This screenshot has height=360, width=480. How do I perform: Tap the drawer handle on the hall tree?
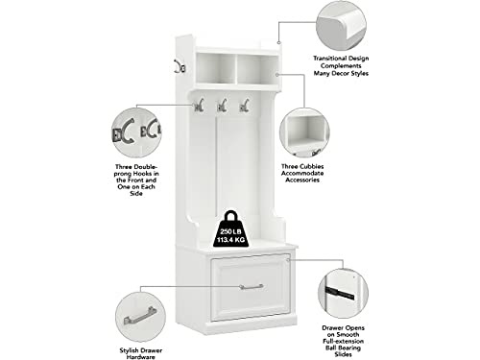point(252,287)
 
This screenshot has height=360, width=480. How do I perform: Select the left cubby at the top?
point(215,68)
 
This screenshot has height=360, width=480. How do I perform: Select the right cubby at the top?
point(257,69)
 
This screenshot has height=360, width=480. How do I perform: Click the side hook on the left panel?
point(180,66)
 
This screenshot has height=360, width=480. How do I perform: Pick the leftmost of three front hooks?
point(199,106)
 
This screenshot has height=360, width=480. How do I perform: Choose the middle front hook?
point(222,106)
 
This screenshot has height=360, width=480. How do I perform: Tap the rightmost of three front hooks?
point(245,106)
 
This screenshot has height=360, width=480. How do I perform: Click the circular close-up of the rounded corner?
point(341,26)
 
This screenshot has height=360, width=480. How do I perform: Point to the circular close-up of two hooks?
point(136,132)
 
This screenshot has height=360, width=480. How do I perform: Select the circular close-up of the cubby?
point(304,133)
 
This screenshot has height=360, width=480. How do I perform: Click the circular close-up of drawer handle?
point(140,317)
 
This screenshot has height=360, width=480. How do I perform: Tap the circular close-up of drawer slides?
point(343,294)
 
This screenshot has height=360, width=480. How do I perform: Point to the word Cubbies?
point(312,166)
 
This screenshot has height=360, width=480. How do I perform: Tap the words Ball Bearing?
point(343,348)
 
